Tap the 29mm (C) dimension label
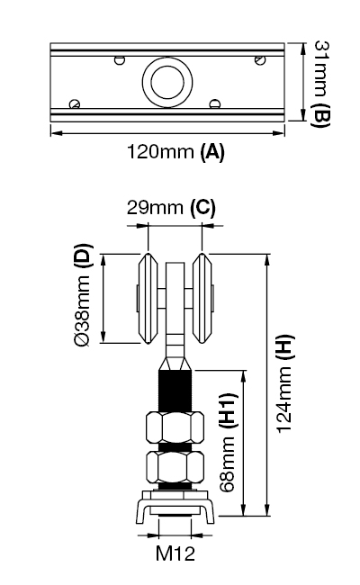click(171, 208)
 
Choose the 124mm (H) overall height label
click(283, 385)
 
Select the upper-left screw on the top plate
click(119, 61)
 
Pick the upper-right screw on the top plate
click(259, 60)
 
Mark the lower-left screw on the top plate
click(76, 104)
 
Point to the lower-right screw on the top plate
click(215, 103)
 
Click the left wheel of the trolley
click(145, 299)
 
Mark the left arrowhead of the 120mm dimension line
click(53, 133)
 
